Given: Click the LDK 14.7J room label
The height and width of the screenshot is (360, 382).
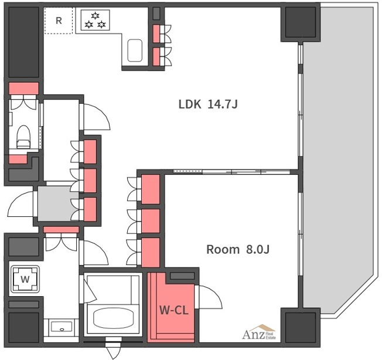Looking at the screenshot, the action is pos(208,104).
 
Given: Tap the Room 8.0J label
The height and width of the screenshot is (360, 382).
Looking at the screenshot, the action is pos(238,249).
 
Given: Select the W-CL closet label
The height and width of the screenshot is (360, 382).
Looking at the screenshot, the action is pos(174,310).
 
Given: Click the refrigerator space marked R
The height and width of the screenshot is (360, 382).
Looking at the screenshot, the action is pos(59,21).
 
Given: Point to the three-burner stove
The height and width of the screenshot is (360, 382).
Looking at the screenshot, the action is pos(95,20).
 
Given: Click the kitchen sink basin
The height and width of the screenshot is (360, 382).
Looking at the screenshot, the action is pos(135,50).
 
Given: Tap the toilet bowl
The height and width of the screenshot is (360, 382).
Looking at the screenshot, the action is pos(23,137).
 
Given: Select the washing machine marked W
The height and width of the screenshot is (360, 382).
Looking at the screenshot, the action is pos(25,279).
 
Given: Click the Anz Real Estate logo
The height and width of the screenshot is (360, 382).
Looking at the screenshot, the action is pos(259,332).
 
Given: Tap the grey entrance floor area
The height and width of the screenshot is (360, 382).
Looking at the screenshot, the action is pos(59,204).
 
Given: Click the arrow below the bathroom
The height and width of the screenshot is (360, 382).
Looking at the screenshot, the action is pos(113,348).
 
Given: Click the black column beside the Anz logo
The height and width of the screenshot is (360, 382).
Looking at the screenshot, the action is pos(301,327).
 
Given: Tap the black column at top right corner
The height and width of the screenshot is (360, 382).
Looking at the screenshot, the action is pos(301,22).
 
